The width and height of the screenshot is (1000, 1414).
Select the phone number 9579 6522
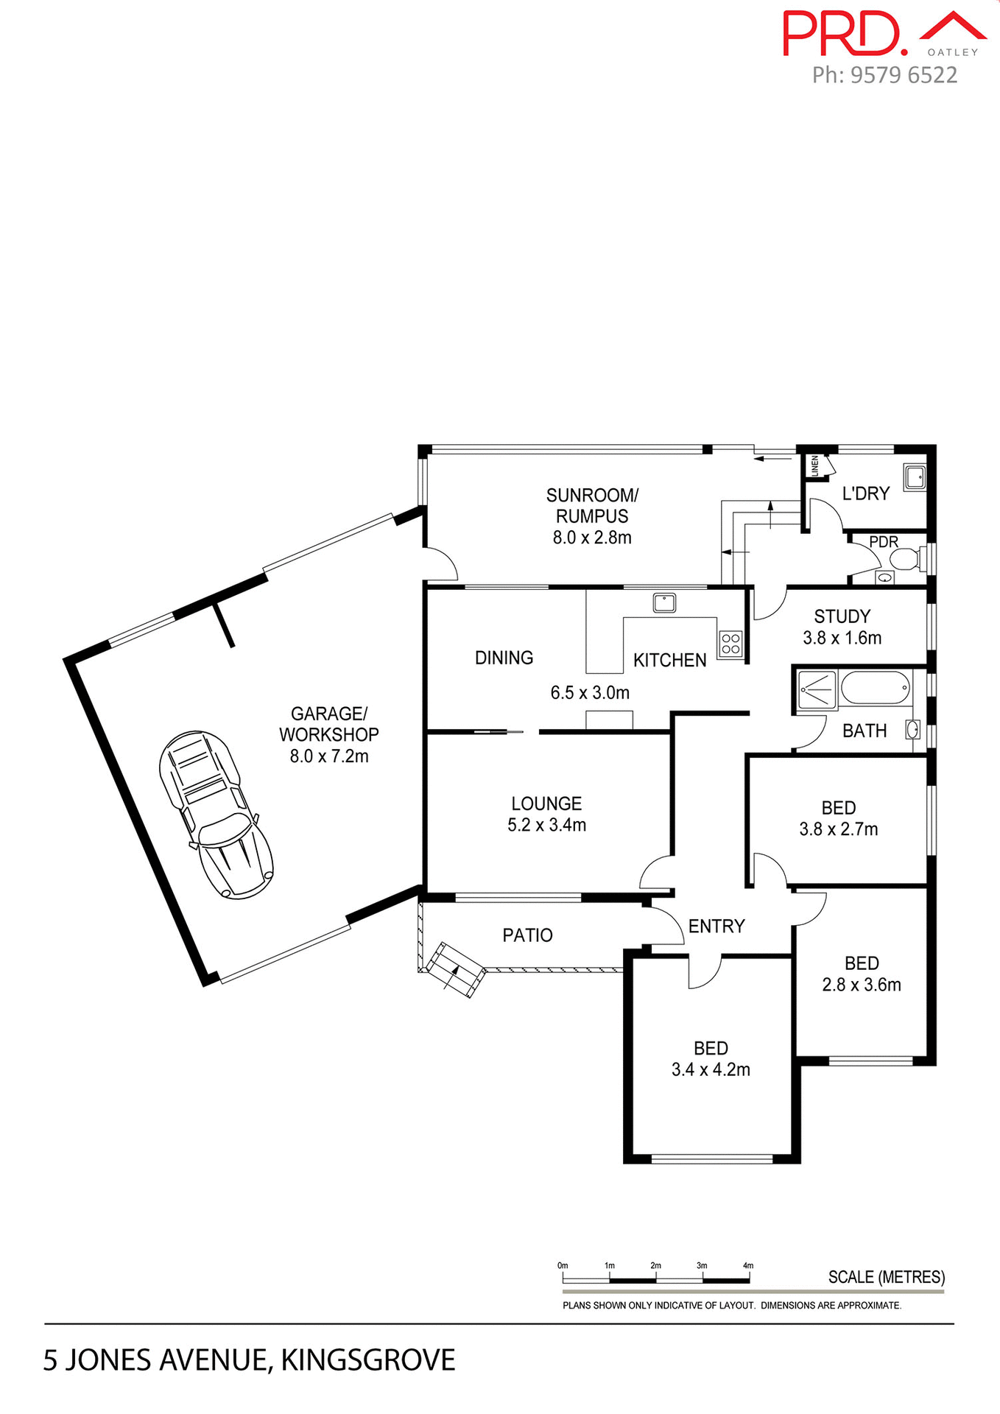pos(904,75)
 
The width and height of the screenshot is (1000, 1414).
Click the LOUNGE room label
pos(546,803)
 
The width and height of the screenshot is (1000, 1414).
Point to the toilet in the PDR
pos(906,559)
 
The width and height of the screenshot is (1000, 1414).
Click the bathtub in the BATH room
pos(874,687)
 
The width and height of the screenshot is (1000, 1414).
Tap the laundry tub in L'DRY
pos(915,477)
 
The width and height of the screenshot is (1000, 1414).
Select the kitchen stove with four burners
pos(730,644)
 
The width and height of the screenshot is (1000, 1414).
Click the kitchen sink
pos(664,602)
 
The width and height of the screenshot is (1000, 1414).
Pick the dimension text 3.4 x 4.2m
pos(711,1070)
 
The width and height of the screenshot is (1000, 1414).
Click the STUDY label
pos(842,616)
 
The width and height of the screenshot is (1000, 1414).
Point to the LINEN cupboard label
pos(814,465)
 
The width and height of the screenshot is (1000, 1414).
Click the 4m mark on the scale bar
pos(748,1266)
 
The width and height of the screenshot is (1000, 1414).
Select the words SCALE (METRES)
pos(886,1277)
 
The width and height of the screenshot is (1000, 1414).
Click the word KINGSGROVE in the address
pos(367,1360)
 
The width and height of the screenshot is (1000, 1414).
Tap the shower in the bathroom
pos(817,690)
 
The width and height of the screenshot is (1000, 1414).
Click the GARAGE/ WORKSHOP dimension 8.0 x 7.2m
pos(328,756)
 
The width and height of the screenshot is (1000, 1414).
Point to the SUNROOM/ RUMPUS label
pos(592,505)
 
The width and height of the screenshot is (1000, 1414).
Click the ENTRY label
pos(716,926)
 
